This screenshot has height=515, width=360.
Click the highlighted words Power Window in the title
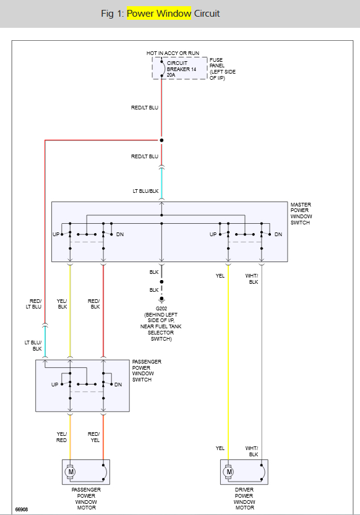click(x=160, y=14)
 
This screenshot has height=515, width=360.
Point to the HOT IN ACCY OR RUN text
click(x=174, y=53)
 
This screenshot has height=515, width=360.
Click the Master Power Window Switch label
click(x=301, y=213)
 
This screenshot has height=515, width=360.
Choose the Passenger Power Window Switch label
click(x=147, y=370)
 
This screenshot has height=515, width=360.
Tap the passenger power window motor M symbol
click(x=71, y=472)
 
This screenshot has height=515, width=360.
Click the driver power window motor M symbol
click(x=229, y=472)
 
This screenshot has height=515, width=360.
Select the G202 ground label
click(x=161, y=309)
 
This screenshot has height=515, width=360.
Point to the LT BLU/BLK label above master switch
click(x=146, y=191)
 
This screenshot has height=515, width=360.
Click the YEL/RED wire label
click(x=62, y=437)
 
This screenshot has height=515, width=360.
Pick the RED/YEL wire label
click(x=94, y=437)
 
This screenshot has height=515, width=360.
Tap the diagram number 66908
click(x=22, y=509)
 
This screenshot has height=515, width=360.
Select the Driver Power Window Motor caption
click(x=244, y=498)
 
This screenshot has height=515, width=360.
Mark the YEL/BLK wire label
click(x=62, y=304)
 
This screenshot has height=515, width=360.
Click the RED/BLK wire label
click(x=94, y=304)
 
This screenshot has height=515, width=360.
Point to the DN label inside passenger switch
click(x=118, y=385)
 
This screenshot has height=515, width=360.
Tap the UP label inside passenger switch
click(x=55, y=385)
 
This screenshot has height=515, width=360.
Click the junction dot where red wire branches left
click(x=161, y=140)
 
